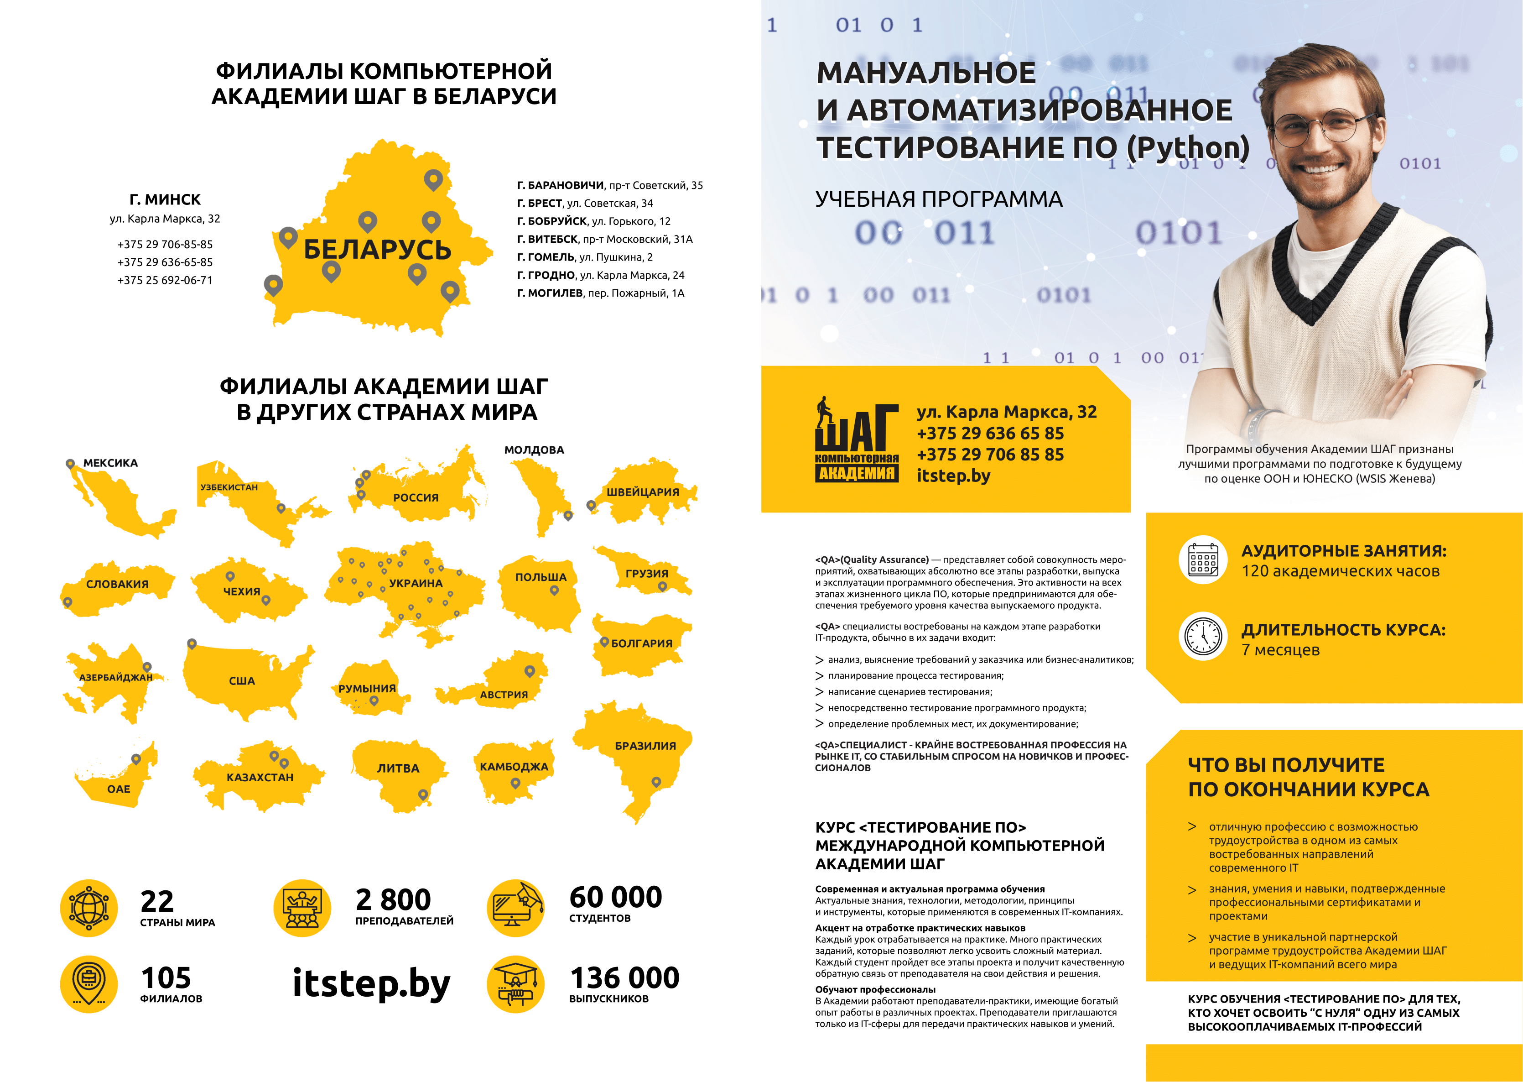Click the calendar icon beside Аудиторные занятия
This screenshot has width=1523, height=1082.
coord(1203,559)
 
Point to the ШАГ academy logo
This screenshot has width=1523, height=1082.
coord(857,440)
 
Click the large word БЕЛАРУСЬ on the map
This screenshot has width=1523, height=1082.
coord(378,250)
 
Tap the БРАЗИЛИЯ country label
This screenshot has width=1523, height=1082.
coord(645,746)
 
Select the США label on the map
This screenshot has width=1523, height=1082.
coord(242,681)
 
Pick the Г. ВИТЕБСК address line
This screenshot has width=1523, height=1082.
coord(605,239)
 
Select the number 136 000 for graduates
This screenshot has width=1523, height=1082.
coord(624,978)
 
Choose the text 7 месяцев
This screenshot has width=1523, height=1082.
coord(1280,650)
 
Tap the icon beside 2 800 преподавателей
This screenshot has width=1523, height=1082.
coord(302,907)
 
